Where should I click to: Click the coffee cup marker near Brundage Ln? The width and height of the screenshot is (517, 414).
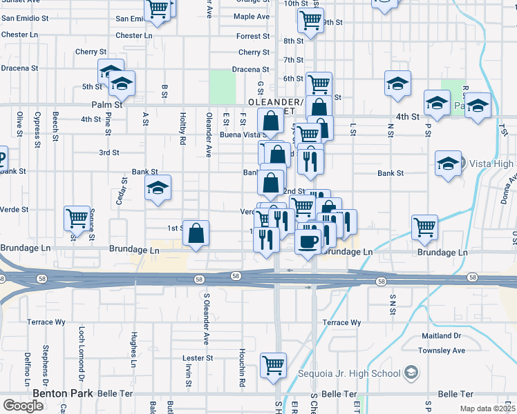tap(308, 242)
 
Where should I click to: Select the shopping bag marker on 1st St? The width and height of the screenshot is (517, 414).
tap(196, 233)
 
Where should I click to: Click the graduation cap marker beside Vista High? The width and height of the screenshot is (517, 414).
tap(448, 164)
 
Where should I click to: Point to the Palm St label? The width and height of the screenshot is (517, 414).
tap(106, 105)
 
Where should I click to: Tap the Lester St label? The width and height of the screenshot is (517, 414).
tap(197, 358)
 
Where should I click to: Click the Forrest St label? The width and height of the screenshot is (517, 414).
tap(252, 37)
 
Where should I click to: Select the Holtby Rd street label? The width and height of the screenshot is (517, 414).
tap(182, 128)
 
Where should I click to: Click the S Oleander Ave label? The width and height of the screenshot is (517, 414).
tap(206, 318)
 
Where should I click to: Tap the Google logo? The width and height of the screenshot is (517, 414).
tap(23, 406)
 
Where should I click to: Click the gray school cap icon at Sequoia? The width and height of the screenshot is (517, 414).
tap(412, 374)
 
